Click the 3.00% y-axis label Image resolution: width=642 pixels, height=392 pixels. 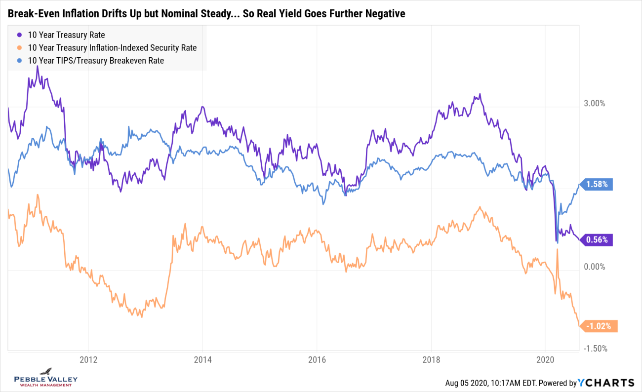[x=594, y=104]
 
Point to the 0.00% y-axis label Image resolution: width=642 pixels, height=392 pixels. [x=594, y=267]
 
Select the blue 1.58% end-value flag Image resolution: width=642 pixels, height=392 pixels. [x=598, y=185]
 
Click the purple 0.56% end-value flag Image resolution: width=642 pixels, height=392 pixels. [x=598, y=240]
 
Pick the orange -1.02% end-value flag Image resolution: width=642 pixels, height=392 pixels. [x=599, y=326]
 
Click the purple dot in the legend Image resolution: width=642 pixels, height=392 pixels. [x=19, y=35]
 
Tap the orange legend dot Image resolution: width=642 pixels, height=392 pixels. [x=19, y=48]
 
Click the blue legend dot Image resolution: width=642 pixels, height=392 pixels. [x=19, y=61]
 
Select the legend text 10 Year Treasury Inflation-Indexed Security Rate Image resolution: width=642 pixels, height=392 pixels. [x=112, y=48]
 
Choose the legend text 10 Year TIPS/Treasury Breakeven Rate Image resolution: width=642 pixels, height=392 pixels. [x=96, y=61]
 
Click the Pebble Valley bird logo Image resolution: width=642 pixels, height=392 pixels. [x=45, y=371]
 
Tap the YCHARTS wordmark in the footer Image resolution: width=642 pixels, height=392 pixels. [x=607, y=383]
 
